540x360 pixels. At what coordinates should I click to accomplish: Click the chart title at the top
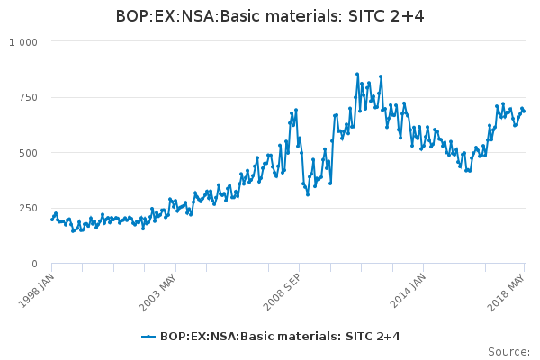coord(270,16)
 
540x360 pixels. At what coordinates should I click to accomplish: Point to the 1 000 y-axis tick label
coord(23,42)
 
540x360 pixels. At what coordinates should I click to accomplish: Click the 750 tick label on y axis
coord(27,97)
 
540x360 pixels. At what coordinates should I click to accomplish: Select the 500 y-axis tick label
coord(27,153)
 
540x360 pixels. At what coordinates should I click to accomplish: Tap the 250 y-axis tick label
coord(27,209)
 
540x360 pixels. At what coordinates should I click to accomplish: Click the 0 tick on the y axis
coord(33,264)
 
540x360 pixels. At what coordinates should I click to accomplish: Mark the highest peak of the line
coord(357,74)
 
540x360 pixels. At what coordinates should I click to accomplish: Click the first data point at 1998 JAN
coord(51,219)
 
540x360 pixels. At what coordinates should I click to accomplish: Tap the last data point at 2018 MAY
coord(524,111)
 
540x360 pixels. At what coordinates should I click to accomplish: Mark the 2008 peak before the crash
coord(295,110)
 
